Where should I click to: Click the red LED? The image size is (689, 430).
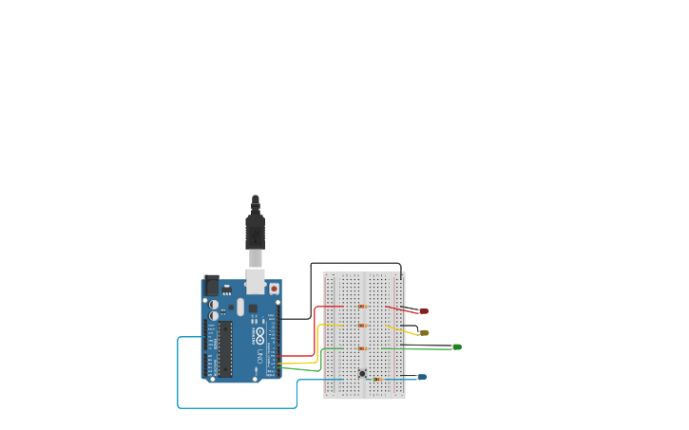[423, 311]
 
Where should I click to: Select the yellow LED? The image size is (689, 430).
[424, 333]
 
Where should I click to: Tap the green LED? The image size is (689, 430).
[457, 347]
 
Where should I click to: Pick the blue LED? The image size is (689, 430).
[422, 377]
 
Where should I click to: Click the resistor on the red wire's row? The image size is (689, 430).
[362, 307]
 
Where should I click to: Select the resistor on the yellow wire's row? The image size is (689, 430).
[362, 326]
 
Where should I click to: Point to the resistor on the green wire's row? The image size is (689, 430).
[362, 348]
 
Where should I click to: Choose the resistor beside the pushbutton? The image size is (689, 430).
[377, 379]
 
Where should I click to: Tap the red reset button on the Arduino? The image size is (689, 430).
[274, 289]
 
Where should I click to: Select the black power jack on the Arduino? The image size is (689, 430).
[212, 285]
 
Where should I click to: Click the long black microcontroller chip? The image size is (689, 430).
[225, 347]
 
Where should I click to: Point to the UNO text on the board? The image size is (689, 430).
[258, 357]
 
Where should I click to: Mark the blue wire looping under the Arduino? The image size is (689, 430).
[238, 408]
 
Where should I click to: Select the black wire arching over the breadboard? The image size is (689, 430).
[356, 264]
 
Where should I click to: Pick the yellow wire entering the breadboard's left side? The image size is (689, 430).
[317, 342]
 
